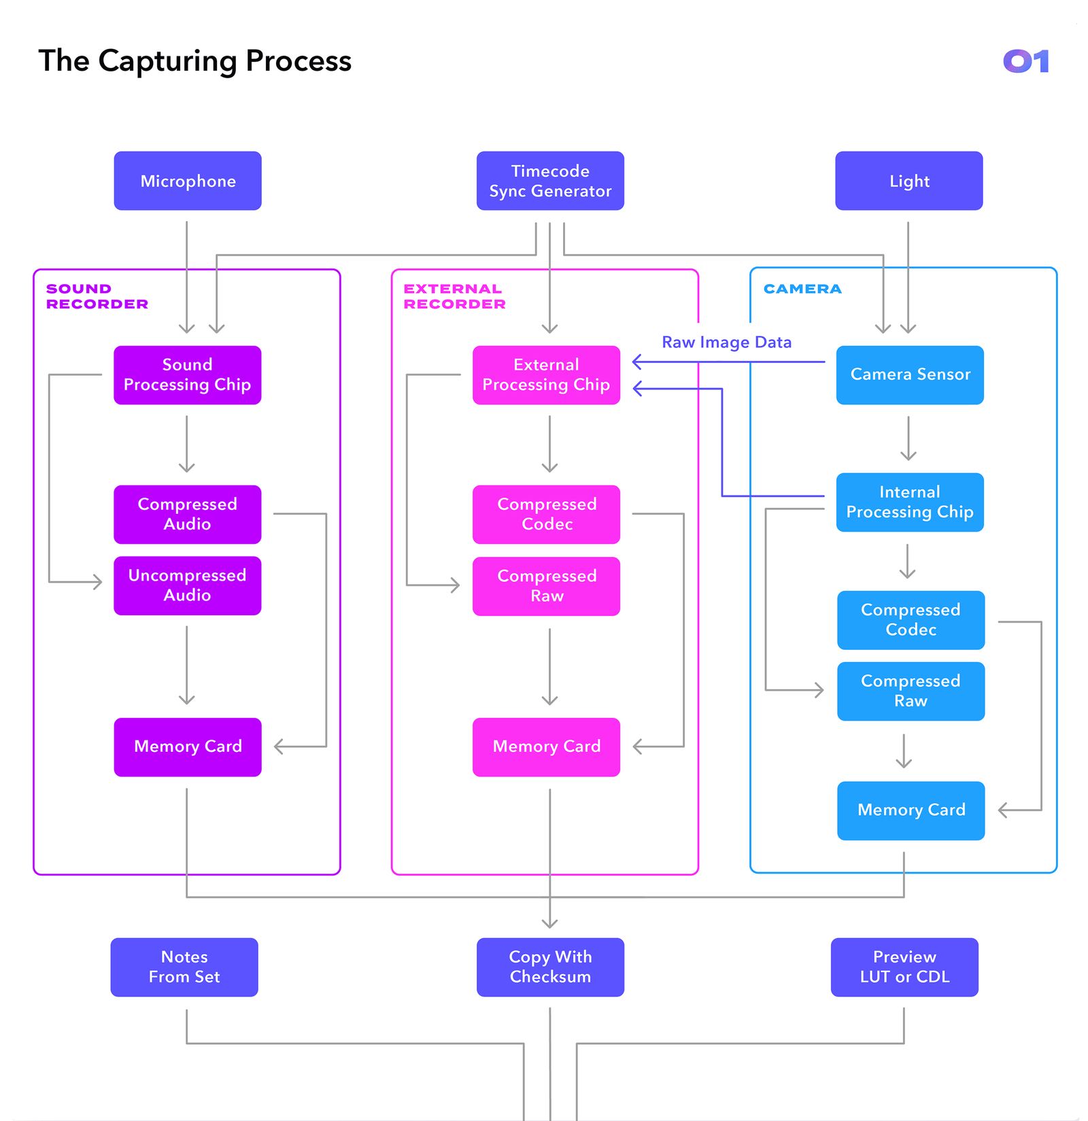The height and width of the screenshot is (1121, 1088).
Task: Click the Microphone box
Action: coord(188,181)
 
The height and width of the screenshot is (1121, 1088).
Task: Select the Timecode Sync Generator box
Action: coord(550,181)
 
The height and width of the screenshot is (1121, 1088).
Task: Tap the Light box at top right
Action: coord(908,181)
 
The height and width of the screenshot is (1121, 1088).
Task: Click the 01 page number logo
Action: coord(1025,61)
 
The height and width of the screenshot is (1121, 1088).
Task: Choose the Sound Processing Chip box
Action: coord(188,375)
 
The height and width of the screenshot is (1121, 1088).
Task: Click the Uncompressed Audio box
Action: coord(188,585)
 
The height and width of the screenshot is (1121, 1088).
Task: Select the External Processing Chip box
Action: coord(546,375)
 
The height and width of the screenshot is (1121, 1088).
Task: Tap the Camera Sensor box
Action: coord(910,375)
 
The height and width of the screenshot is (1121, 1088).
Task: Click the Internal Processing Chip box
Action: coord(910,502)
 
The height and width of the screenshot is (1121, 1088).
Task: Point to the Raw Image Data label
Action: coord(726,343)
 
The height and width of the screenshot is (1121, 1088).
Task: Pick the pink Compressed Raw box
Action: coord(546,586)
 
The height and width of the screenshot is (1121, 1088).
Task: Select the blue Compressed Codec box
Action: coord(911,620)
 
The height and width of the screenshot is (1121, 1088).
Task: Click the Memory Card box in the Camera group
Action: coord(911,810)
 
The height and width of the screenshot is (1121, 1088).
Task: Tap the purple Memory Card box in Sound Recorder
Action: coord(188,746)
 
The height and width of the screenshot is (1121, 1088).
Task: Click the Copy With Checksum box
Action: coord(550,967)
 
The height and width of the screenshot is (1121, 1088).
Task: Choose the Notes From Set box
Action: coord(184,967)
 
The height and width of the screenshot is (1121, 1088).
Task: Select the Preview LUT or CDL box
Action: coord(904,967)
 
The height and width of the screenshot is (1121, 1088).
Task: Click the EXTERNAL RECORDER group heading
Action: coord(454,296)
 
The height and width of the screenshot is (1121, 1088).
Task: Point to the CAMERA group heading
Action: coord(802,289)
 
